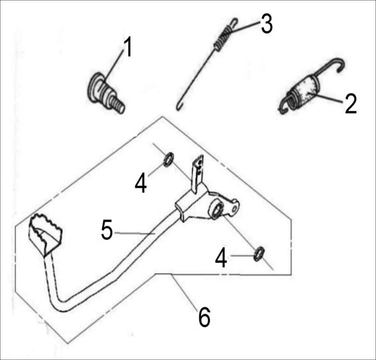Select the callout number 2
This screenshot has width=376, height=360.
(351, 103)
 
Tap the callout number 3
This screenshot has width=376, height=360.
(267, 23)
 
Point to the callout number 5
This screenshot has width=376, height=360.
(107, 230)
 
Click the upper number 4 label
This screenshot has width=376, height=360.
(141, 183)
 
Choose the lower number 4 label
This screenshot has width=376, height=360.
(221, 258)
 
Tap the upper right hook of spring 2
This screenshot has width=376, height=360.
(339, 64)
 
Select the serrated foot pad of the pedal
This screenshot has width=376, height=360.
(46, 234)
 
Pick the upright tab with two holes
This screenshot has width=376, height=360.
(198, 174)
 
